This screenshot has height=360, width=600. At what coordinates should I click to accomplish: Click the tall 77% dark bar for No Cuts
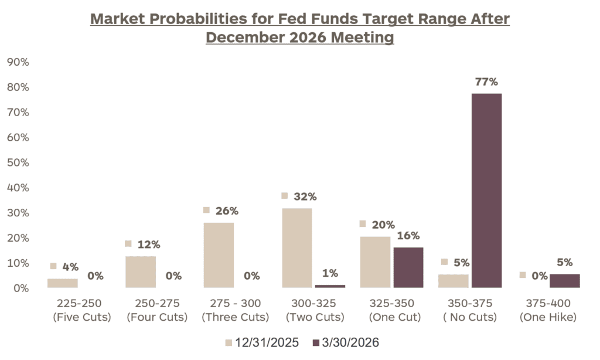486,191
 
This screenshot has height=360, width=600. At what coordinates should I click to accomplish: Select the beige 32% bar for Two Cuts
297,248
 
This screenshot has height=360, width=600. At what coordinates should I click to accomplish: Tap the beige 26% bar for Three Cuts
219,255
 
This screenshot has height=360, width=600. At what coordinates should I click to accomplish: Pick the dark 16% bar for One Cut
408,267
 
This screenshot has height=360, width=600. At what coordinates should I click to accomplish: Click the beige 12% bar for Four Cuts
141,272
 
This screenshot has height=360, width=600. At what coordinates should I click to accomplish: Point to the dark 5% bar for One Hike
564,281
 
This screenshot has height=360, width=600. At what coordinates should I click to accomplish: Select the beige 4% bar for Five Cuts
63,283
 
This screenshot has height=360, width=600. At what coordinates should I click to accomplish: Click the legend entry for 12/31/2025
264,342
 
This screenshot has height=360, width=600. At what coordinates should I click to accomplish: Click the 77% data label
486,81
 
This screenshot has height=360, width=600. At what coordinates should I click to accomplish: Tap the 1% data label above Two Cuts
330,273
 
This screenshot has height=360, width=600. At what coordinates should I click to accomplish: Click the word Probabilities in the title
204,19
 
